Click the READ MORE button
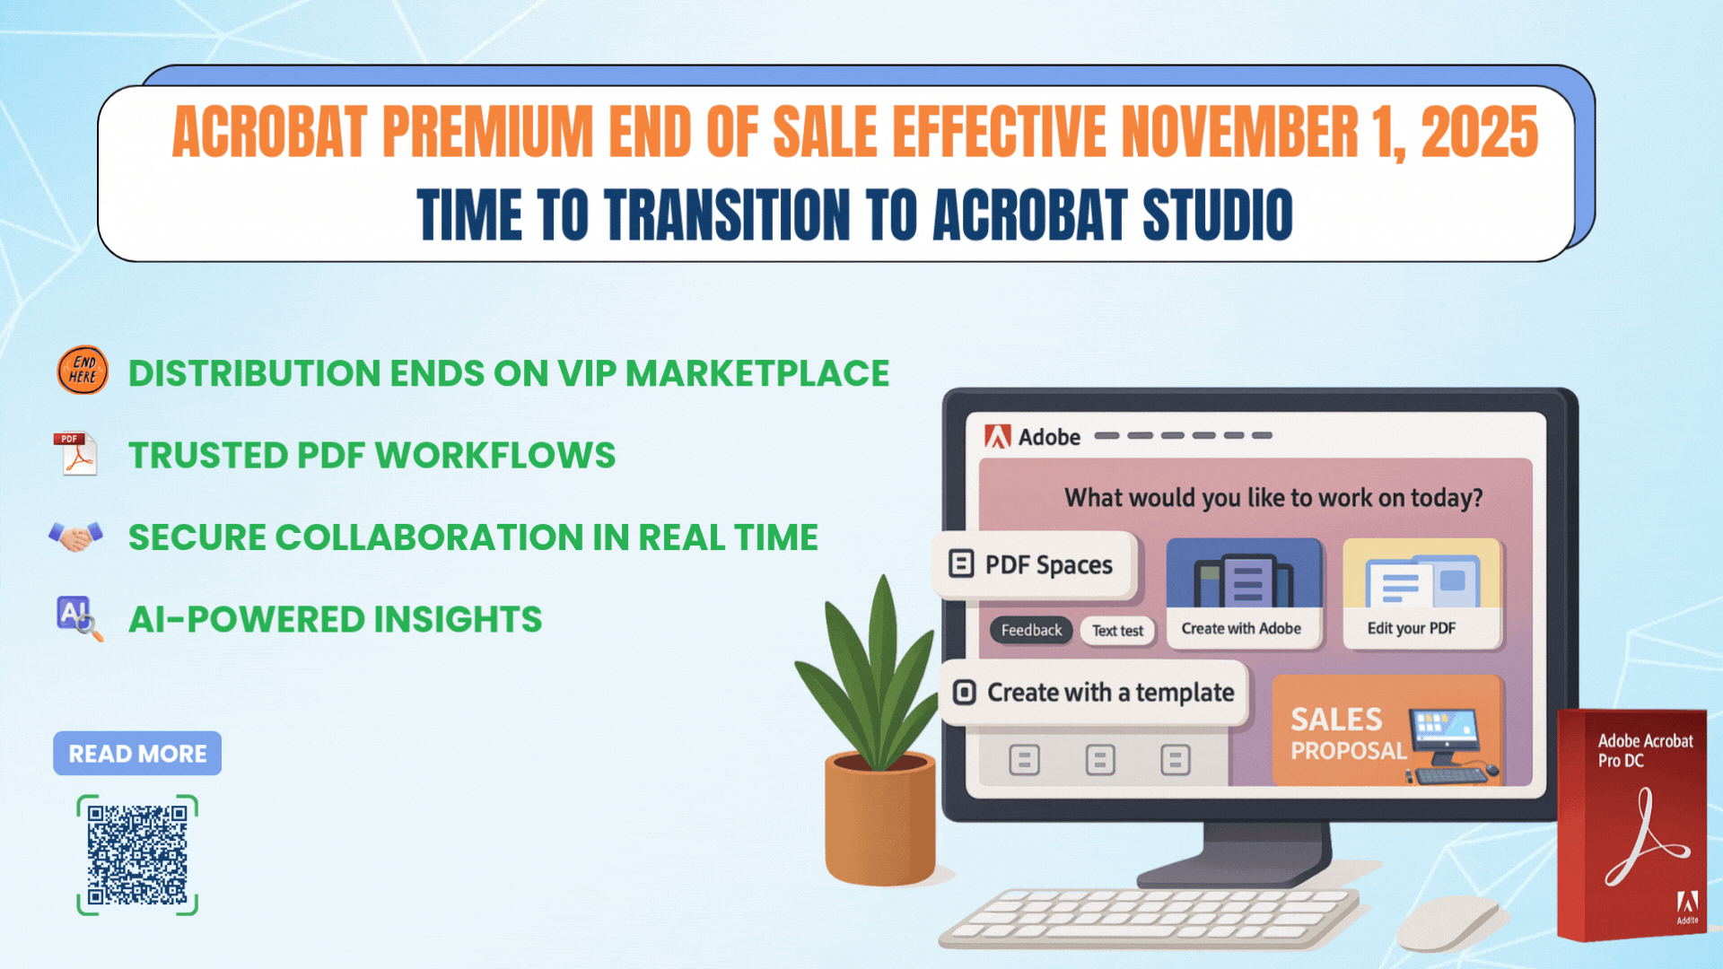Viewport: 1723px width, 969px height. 137,754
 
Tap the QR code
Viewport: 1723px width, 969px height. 137,855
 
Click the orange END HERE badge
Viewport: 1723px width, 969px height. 83,371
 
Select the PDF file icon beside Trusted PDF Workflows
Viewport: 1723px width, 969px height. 76,453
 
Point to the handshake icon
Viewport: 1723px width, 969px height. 75,537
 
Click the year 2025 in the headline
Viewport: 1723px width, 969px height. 1480,132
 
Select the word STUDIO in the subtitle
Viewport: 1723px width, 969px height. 1218,215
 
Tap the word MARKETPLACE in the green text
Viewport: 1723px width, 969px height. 757,373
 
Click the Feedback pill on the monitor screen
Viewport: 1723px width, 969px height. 1031,630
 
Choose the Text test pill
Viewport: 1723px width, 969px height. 1117,631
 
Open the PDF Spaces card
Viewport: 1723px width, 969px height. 1035,565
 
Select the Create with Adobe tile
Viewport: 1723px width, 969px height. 1243,593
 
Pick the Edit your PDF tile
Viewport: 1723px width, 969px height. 1422,593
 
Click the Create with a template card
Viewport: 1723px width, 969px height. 1094,693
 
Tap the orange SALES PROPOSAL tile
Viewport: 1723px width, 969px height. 1387,730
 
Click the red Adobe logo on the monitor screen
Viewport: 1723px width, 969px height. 997,437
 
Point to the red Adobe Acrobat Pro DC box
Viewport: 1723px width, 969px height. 1632,825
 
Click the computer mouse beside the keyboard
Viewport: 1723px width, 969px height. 1447,922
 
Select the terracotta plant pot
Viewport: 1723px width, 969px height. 880,818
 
